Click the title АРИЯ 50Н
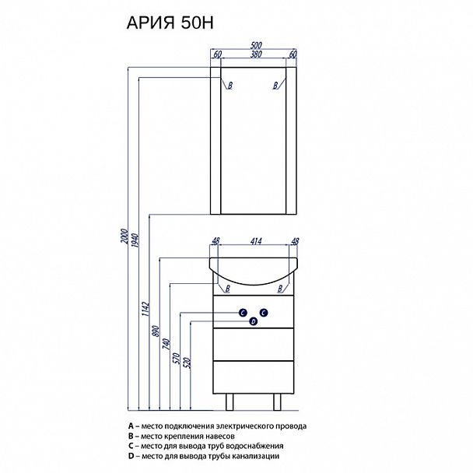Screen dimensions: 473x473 tap(174, 24)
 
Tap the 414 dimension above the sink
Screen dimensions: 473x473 tap(255, 243)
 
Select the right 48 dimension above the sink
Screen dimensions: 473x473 tap(294, 243)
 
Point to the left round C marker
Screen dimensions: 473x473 tap(244, 313)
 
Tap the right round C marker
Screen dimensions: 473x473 tap(264, 313)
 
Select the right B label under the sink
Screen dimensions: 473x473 tap(277, 289)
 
